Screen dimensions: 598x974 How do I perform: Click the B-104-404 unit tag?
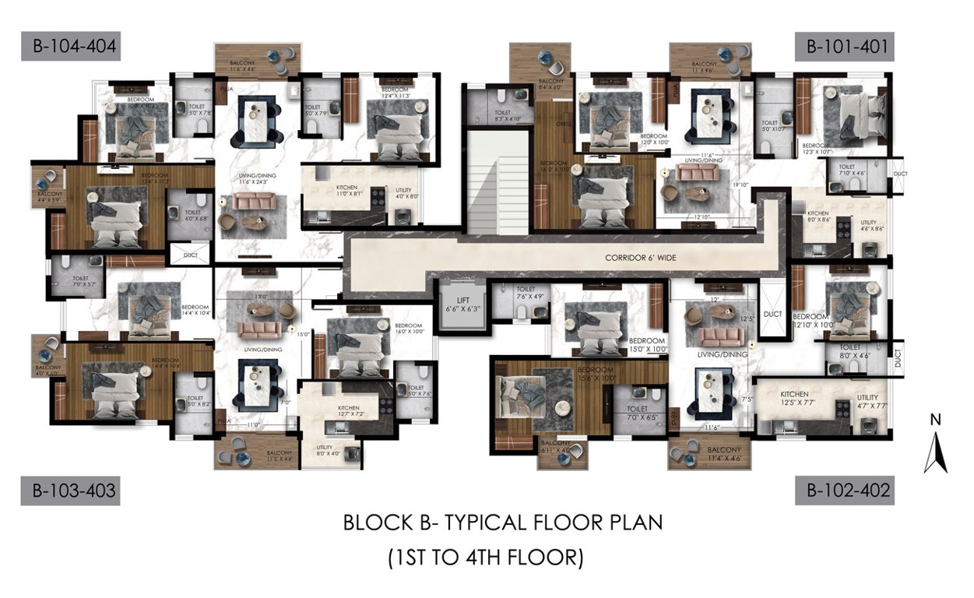pyautogui.click(x=70, y=47)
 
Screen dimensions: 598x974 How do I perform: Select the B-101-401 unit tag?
pyautogui.click(x=845, y=47)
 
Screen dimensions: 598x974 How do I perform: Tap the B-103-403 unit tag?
pyautogui.click(x=70, y=491)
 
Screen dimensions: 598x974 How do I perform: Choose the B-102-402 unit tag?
pyautogui.click(x=845, y=491)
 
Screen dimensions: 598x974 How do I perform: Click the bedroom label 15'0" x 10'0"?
pyautogui.click(x=647, y=346)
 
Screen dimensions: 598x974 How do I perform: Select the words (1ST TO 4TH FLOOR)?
pyautogui.click(x=486, y=558)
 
